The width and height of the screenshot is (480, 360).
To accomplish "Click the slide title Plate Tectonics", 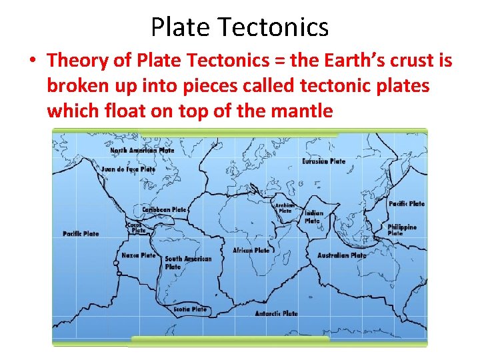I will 239,27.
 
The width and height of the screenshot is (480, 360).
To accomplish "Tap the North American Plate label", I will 142,151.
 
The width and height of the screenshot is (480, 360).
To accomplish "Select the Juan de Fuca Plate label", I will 128,169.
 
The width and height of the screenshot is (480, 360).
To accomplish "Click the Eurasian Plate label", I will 323,161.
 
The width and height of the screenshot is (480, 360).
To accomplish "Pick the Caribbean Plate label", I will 164,209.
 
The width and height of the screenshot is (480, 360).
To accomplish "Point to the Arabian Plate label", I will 285,208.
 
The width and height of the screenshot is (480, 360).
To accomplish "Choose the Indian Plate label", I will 313,217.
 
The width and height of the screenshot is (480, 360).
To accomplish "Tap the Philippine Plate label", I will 402,230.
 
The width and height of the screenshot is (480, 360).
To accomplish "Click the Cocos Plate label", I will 136,227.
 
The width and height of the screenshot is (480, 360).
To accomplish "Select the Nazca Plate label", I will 138,255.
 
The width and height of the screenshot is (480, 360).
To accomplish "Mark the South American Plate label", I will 187,263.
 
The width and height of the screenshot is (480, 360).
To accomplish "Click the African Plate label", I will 251,251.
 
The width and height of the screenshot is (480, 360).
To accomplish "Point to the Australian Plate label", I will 341,255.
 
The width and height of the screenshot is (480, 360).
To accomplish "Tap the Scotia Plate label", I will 190,309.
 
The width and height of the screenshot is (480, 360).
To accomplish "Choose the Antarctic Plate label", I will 276,313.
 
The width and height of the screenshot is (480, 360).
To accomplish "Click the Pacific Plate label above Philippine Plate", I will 406,204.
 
